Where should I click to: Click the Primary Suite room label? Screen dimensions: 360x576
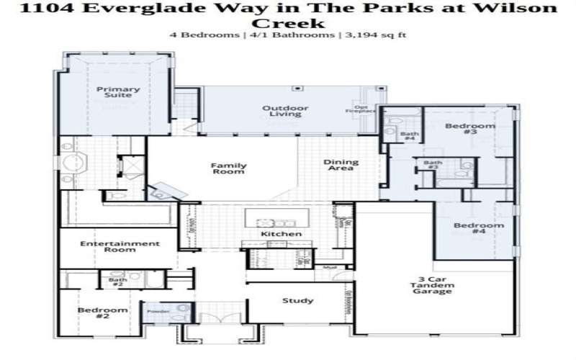tap(118, 94)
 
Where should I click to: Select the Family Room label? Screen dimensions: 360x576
tap(228, 169)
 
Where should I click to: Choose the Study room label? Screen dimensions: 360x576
tap(298, 301)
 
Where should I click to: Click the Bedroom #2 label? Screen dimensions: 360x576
tap(102, 312)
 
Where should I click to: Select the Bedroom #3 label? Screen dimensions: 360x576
tap(460, 130)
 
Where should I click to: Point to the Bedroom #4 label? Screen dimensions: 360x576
tap(469, 229)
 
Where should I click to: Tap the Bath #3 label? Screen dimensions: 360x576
tap(432, 165)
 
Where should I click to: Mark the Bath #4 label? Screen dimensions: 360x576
tap(409, 136)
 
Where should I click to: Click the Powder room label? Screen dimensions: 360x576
tap(158, 311)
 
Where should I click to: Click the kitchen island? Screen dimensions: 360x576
tap(276, 217)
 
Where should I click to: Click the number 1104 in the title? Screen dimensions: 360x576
tap(45, 9)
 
